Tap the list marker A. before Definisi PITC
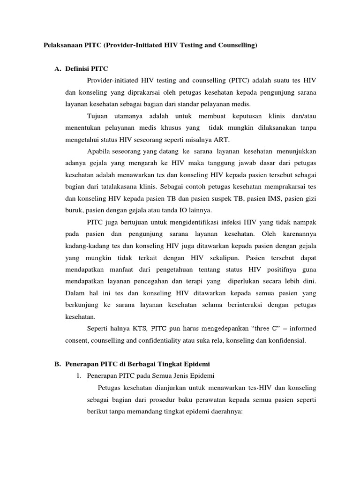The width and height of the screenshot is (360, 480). (58, 69)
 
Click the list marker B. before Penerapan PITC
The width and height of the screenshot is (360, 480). (58, 364)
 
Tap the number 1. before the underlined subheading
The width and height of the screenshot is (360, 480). (79, 376)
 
